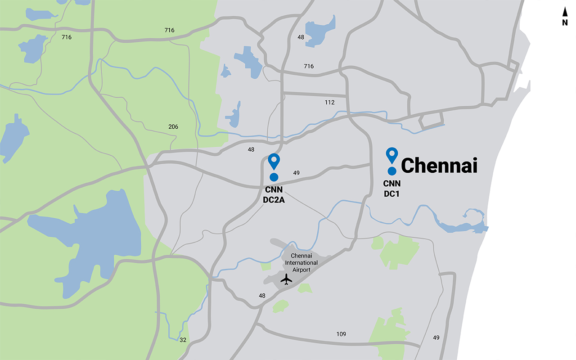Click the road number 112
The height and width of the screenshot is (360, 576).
(x=330, y=103)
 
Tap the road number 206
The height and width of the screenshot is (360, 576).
(x=173, y=127)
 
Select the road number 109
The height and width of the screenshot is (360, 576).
(x=341, y=334)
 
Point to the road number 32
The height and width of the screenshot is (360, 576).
(x=183, y=340)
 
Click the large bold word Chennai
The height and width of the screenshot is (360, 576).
(x=439, y=166)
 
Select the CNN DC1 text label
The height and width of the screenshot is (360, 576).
(x=391, y=189)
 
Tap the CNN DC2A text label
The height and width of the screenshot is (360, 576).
(x=274, y=195)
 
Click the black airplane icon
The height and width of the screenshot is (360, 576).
(x=286, y=279)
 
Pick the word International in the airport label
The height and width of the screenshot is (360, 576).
(x=301, y=263)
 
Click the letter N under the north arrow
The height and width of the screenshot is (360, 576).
(x=565, y=23)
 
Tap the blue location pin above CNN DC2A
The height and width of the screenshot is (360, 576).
(x=274, y=161)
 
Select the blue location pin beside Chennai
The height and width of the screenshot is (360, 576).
(x=392, y=155)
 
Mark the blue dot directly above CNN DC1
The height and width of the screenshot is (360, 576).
(x=392, y=171)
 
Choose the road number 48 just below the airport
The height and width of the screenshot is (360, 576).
(x=262, y=296)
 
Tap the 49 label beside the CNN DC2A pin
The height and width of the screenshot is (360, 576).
(x=296, y=173)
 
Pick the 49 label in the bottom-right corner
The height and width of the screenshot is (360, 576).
(x=436, y=337)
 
